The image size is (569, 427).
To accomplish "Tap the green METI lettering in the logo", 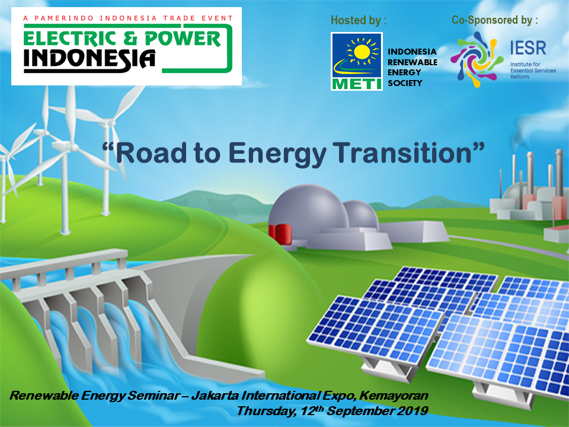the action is (x=356, y=84).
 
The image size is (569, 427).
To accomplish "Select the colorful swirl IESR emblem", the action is (x=477, y=59).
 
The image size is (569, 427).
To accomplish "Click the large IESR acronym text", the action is (x=528, y=47).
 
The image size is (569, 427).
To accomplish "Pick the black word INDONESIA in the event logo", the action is (x=89, y=59).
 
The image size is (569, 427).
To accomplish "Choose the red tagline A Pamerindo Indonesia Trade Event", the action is (x=128, y=18).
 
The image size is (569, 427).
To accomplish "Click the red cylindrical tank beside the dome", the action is (x=280, y=234).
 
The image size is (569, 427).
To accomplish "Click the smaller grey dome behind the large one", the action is (x=361, y=215).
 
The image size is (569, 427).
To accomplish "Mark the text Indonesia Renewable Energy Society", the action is (x=413, y=67).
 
